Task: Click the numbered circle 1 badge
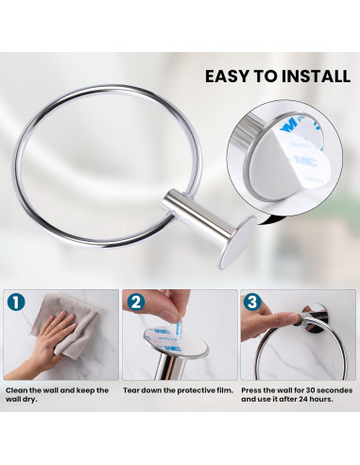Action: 16,302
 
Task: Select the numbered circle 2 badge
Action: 136,302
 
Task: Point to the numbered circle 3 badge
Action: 252,301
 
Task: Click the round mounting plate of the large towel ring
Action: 238,242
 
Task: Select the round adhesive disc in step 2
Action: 176,343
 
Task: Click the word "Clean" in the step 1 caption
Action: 17,390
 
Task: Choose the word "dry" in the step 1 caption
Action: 30,400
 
